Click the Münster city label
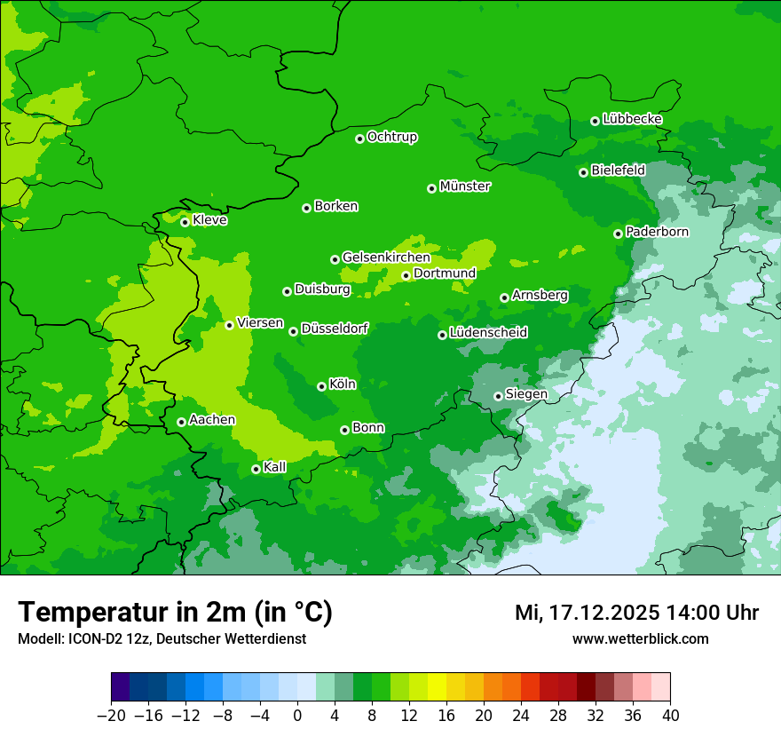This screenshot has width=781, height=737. (465, 186)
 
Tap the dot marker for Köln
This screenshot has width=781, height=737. (321, 386)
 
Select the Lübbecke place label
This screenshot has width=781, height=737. (632, 119)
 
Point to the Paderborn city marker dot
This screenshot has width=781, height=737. (618, 234)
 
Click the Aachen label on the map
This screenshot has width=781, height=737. (212, 420)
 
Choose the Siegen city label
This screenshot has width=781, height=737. (526, 394)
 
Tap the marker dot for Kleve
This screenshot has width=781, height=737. (185, 222)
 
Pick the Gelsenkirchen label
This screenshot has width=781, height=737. (386, 258)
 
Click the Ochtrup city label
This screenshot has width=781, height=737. (392, 137)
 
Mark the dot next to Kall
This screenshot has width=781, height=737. (256, 469)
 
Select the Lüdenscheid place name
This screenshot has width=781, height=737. (488, 333)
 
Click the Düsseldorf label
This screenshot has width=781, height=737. (335, 329)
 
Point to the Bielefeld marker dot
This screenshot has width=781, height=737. (583, 172)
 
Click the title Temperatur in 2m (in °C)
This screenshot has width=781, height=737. (175, 613)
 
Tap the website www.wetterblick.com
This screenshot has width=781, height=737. (640, 638)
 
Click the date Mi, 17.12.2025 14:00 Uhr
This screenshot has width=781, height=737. (636, 613)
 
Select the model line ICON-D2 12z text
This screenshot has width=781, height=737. (162, 638)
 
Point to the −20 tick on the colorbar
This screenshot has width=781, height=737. (111, 716)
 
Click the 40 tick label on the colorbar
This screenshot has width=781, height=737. (670, 716)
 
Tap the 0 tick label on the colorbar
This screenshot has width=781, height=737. (297, 716)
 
